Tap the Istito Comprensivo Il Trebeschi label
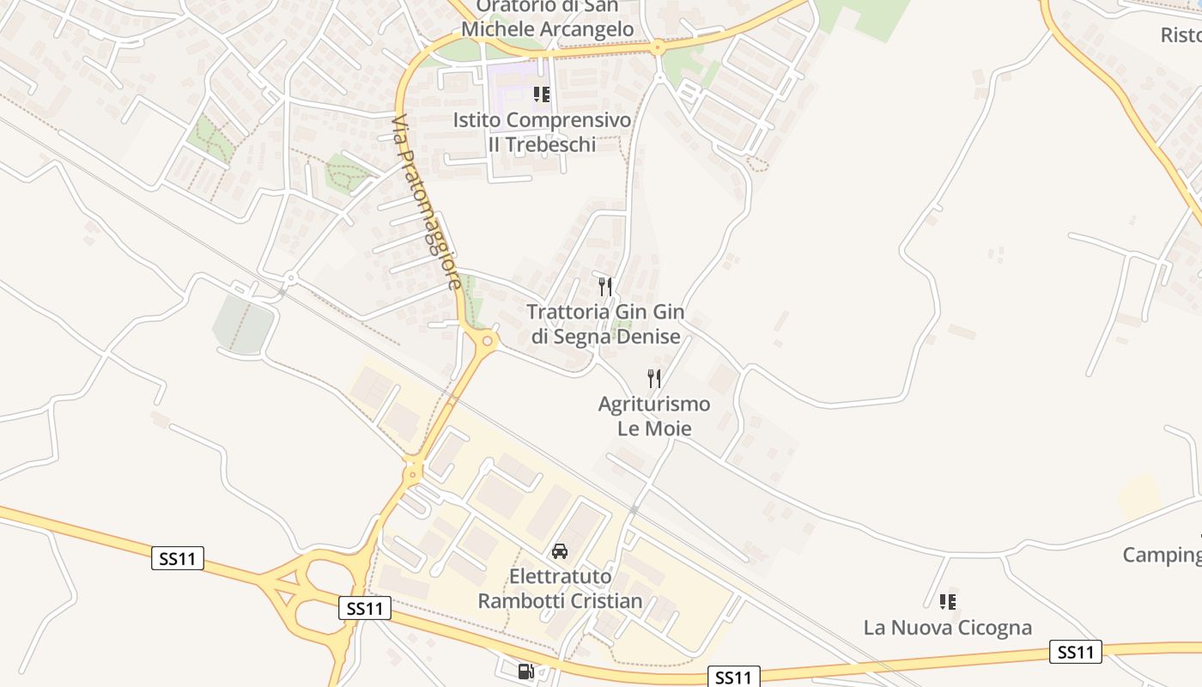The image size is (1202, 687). coord(542,132)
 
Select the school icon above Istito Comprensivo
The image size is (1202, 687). coord(541,94)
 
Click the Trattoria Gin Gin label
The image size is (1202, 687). coord(605,324)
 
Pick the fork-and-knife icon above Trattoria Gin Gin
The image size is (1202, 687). coord(605,287)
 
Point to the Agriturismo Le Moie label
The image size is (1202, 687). coord(654,416)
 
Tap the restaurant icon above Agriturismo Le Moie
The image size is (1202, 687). coord(654,378)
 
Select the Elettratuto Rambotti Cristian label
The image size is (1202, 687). coord(560,588)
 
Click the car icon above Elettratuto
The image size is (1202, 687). coord(560,550)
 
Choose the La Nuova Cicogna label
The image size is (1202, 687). coord(947,628)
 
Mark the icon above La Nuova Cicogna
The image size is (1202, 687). coord(947,601)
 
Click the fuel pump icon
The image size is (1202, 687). coord(525,672)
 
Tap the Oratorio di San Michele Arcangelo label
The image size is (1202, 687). coord(547,17)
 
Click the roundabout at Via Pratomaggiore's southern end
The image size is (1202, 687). coord(488,341)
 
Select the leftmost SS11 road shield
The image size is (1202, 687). coord(178,558)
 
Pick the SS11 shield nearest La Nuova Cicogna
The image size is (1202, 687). coord(1076,652)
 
